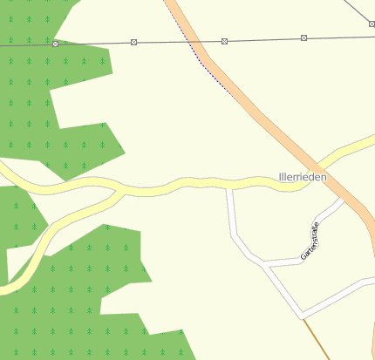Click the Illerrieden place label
(303, 177)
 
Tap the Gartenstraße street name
(310, 241)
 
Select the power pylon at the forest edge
(55, 44)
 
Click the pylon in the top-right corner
(372, 37)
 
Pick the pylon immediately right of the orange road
(224, 41)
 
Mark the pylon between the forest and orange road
(133, 42)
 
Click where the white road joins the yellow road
(229, 186)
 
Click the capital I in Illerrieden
(280, 177)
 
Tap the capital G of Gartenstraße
(303, 257)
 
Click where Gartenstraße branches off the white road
(269, 264)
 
